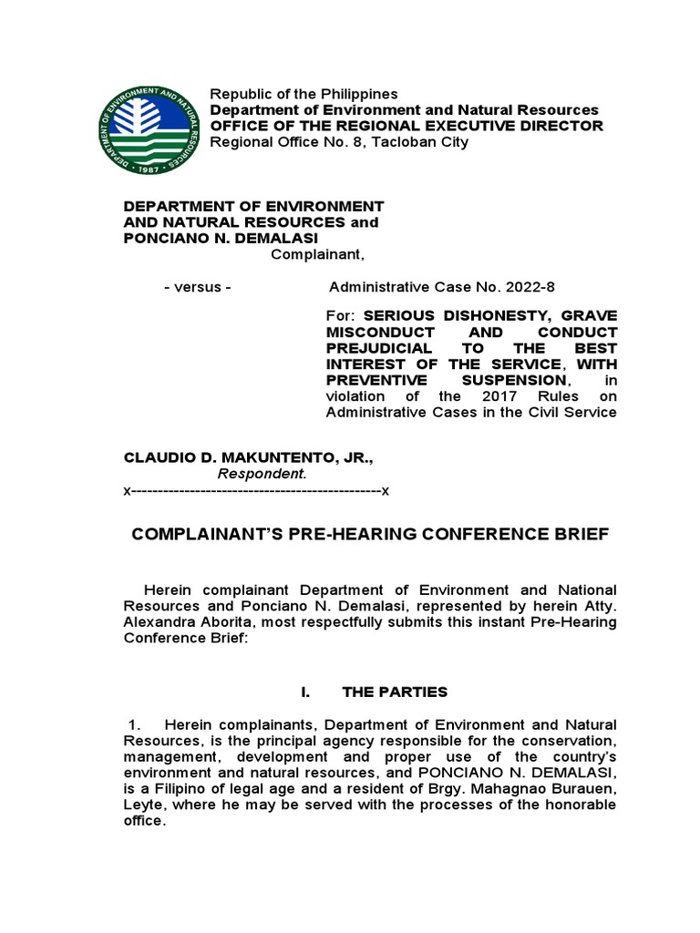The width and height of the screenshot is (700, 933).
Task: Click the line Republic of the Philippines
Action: tap(304, 95)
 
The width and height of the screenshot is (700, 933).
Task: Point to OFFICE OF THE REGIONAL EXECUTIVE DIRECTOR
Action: tap(407, 126)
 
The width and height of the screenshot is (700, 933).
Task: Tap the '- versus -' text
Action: tap(197, 287)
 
